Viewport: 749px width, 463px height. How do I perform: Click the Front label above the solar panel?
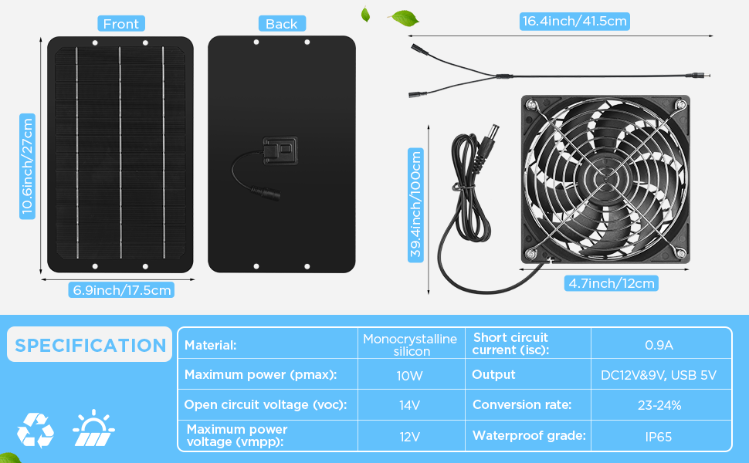pos(121,24)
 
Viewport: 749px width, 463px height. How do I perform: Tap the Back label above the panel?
pos(282,24)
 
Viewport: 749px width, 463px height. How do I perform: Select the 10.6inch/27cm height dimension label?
pos(27,166)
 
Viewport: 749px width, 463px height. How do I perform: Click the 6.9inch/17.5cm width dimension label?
pos(121,289)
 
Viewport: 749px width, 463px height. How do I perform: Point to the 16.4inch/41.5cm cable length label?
pos(574,22)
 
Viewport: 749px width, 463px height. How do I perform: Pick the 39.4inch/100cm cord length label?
pos(415,205)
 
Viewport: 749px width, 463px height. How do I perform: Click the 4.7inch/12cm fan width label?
pos(612,283)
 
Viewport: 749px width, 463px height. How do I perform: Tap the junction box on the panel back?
pos(280,150)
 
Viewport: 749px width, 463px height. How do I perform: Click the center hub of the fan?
pos(605,179)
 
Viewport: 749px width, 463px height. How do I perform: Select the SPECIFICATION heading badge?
pos(90,345)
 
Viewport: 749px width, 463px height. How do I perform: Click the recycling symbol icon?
pos(36,430)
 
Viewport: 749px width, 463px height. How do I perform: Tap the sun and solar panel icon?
pos(93,428)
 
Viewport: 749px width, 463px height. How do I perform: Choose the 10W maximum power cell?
pos(410,376)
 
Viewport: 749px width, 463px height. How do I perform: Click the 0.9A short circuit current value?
pos(659,345)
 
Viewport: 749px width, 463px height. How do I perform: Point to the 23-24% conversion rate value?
pos(659,405)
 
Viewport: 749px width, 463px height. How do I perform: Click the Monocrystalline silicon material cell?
pos(410,345)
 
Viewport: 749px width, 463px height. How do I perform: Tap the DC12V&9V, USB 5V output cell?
pos(659,375)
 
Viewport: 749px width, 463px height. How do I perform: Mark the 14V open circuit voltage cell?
pos(410,406)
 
